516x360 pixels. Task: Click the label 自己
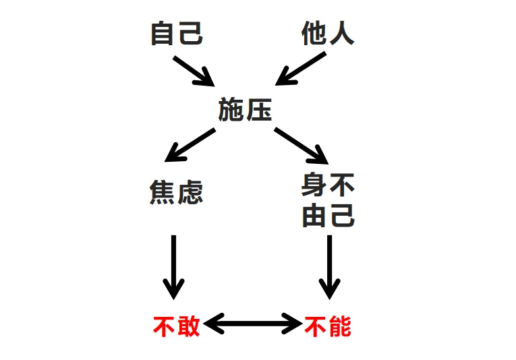pyautogui.click(x=177, y=33)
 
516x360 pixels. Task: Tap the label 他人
pyautogui.click(x=328, y=33)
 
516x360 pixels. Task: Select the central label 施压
pyautogui.click(x=245, y=109)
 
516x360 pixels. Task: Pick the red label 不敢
pyautogui.click(x=177, y=327)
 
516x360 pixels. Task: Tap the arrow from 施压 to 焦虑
pyautogui.click(x=190, y=144)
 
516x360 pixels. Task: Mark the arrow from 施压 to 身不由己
pyautogui.click(x=301, y=145)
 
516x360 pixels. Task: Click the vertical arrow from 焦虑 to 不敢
pyautogui.click(x=174, y=266)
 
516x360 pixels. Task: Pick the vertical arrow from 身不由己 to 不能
pyautogui.click(x=329, y=266)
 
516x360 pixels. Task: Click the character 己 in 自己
pyautogui.click(x=190, y=33)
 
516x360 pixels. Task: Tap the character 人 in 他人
pyautogui.click(x=341, y=33)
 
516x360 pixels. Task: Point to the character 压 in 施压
pyautogui.click(x=258, y=109)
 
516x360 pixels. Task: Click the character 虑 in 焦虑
pyautogui.click(x=190, y=193)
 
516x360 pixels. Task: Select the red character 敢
pyautogui.click(x=189, y=327)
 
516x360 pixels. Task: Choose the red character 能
pyautogui.click(x=341, y=327)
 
